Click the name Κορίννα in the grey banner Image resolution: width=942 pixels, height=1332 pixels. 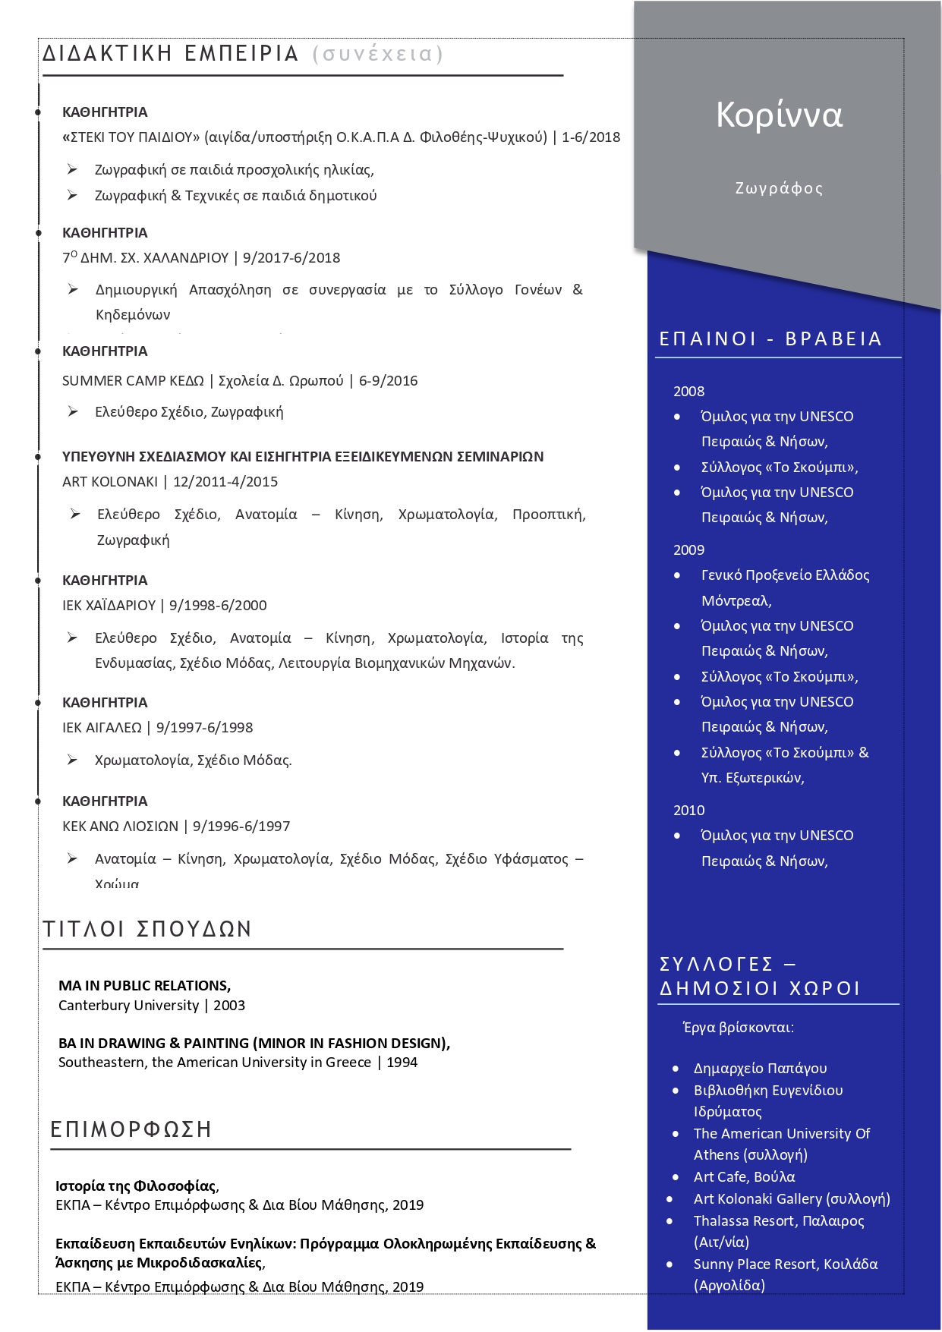coord(779,115)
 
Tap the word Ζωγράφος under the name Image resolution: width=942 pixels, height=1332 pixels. coord(779,188)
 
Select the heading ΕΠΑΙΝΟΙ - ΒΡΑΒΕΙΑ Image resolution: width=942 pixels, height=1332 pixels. coord(770,339)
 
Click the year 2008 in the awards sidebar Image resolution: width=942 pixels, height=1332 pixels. coord(688,392)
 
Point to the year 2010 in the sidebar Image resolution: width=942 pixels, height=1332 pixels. coord(688,811)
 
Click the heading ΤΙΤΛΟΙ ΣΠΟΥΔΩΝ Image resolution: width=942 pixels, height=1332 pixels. coord(147,929)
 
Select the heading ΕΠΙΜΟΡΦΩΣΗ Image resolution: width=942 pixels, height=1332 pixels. coord(131,1129)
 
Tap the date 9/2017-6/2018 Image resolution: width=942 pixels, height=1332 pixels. coord(291,258)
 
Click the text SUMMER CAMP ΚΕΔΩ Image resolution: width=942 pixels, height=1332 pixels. coord(133,381)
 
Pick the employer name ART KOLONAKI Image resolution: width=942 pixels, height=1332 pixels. coord(110,482)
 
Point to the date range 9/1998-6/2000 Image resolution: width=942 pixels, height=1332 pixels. coord(218,606)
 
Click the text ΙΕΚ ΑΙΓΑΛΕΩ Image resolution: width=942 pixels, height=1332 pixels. coord(102,728)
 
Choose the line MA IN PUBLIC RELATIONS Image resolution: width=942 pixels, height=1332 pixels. coord(144,986)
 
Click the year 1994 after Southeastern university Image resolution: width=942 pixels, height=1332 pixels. coord(402,1063)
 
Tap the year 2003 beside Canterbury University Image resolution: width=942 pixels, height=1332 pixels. coord(229,1006)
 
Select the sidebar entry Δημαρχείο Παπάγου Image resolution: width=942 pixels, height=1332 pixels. coord(760,1069)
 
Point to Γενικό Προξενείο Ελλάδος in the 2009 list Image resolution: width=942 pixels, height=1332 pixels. coord(785,575)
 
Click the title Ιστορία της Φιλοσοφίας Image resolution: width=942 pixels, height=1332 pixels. coord(136,1186)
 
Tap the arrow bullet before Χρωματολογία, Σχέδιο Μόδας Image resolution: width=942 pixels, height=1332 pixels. coord(72,760)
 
